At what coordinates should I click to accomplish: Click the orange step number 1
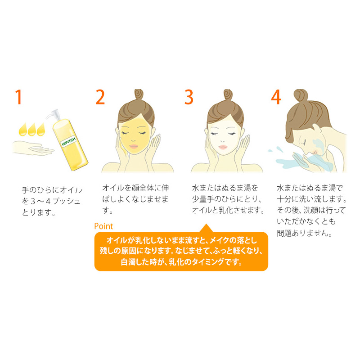(x=18, y=97)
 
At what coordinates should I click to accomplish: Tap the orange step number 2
(x=100, y=97)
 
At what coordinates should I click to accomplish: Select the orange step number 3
(x=189, y=97)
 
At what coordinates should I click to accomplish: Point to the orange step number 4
(x=276, y=97)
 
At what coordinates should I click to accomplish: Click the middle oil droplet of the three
(x=31, y=130)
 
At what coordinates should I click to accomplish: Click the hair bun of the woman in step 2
(x=139, y=94)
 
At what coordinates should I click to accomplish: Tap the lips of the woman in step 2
(x=133, y=146)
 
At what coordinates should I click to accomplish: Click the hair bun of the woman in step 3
(x=228, y=94)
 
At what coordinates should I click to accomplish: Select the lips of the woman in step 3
(x=223, y=147)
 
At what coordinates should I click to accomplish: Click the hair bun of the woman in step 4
(x=301, y=95)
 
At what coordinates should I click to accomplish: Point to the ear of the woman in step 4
(x=317, y=129)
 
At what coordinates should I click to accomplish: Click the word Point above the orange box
(x=103, y=226)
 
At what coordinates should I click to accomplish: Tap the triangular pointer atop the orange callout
(x=206, y=228)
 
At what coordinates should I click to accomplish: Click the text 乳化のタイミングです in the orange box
(x=205, y=262)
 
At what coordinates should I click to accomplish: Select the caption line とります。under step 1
(x=39, y=212)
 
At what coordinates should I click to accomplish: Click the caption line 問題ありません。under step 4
(x=304, y=233)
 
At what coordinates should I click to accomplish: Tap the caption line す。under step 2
(x=107, y=210)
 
